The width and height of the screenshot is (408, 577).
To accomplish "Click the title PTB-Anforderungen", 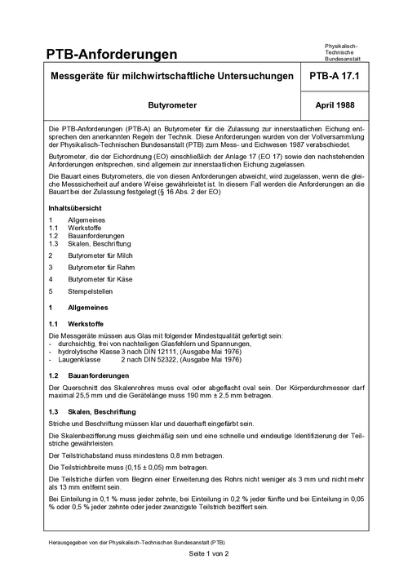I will [112, 55].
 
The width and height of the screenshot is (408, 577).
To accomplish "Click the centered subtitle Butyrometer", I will [171, 106].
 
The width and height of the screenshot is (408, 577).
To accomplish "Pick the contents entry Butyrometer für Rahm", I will [102, 267].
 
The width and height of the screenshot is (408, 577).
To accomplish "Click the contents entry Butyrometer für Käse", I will [101, 278].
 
